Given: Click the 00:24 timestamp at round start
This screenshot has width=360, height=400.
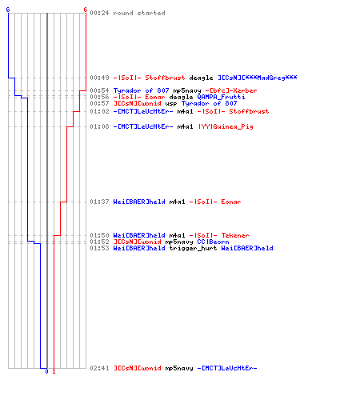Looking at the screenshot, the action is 99,13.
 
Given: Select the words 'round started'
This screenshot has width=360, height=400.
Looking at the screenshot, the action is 139,13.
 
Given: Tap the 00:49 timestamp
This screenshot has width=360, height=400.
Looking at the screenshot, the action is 99,78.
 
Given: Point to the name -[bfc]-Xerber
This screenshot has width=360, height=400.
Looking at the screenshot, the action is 231,90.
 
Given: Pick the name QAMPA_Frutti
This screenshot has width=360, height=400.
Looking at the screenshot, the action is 221,97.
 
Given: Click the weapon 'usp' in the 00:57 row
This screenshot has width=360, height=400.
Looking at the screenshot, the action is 171,103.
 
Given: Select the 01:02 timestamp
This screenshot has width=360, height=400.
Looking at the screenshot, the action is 99,111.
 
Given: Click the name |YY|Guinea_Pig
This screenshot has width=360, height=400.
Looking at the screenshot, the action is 226,126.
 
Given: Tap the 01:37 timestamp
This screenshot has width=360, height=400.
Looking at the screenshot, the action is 99,202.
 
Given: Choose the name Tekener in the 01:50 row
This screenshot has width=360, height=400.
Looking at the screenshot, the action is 235,235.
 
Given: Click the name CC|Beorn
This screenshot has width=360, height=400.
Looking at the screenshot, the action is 213,242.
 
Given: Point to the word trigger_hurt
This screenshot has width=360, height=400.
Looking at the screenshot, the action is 193,248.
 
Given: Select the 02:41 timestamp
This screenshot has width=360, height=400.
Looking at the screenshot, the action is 99,368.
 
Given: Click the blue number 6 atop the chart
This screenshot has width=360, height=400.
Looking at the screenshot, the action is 8,10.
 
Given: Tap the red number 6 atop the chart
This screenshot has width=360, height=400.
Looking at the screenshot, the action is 86,10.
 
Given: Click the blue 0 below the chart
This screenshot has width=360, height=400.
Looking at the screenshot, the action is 46,371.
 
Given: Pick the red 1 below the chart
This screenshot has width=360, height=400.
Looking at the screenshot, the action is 54,371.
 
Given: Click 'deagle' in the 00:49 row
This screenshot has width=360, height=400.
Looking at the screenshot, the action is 201,78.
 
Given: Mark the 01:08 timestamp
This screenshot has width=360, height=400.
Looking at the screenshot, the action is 99,126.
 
